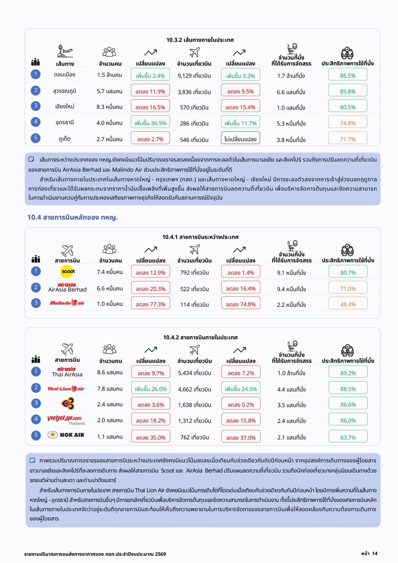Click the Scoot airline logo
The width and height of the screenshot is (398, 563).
(x=68, y=272)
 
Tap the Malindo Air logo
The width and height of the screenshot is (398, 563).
(x=67, y=303)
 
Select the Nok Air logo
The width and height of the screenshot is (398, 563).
(x=66, y=435)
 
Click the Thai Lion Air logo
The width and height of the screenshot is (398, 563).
(x=66, y=389)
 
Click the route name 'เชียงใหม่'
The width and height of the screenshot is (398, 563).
(x=65, y=107)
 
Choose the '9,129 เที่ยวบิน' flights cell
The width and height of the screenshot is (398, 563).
(x=194, y=76)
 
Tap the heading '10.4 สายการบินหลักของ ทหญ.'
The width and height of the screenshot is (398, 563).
(x=73, y=217)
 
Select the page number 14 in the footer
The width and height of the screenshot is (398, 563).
(x=375, y=553)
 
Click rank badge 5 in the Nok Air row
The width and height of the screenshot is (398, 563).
(x=36, y=435)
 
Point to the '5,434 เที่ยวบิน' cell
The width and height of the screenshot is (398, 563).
(x=195, y=373)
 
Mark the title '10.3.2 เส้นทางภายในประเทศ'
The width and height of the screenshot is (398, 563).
(x=200, y=40)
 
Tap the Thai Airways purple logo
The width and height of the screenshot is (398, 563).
(x=68, y=404)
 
